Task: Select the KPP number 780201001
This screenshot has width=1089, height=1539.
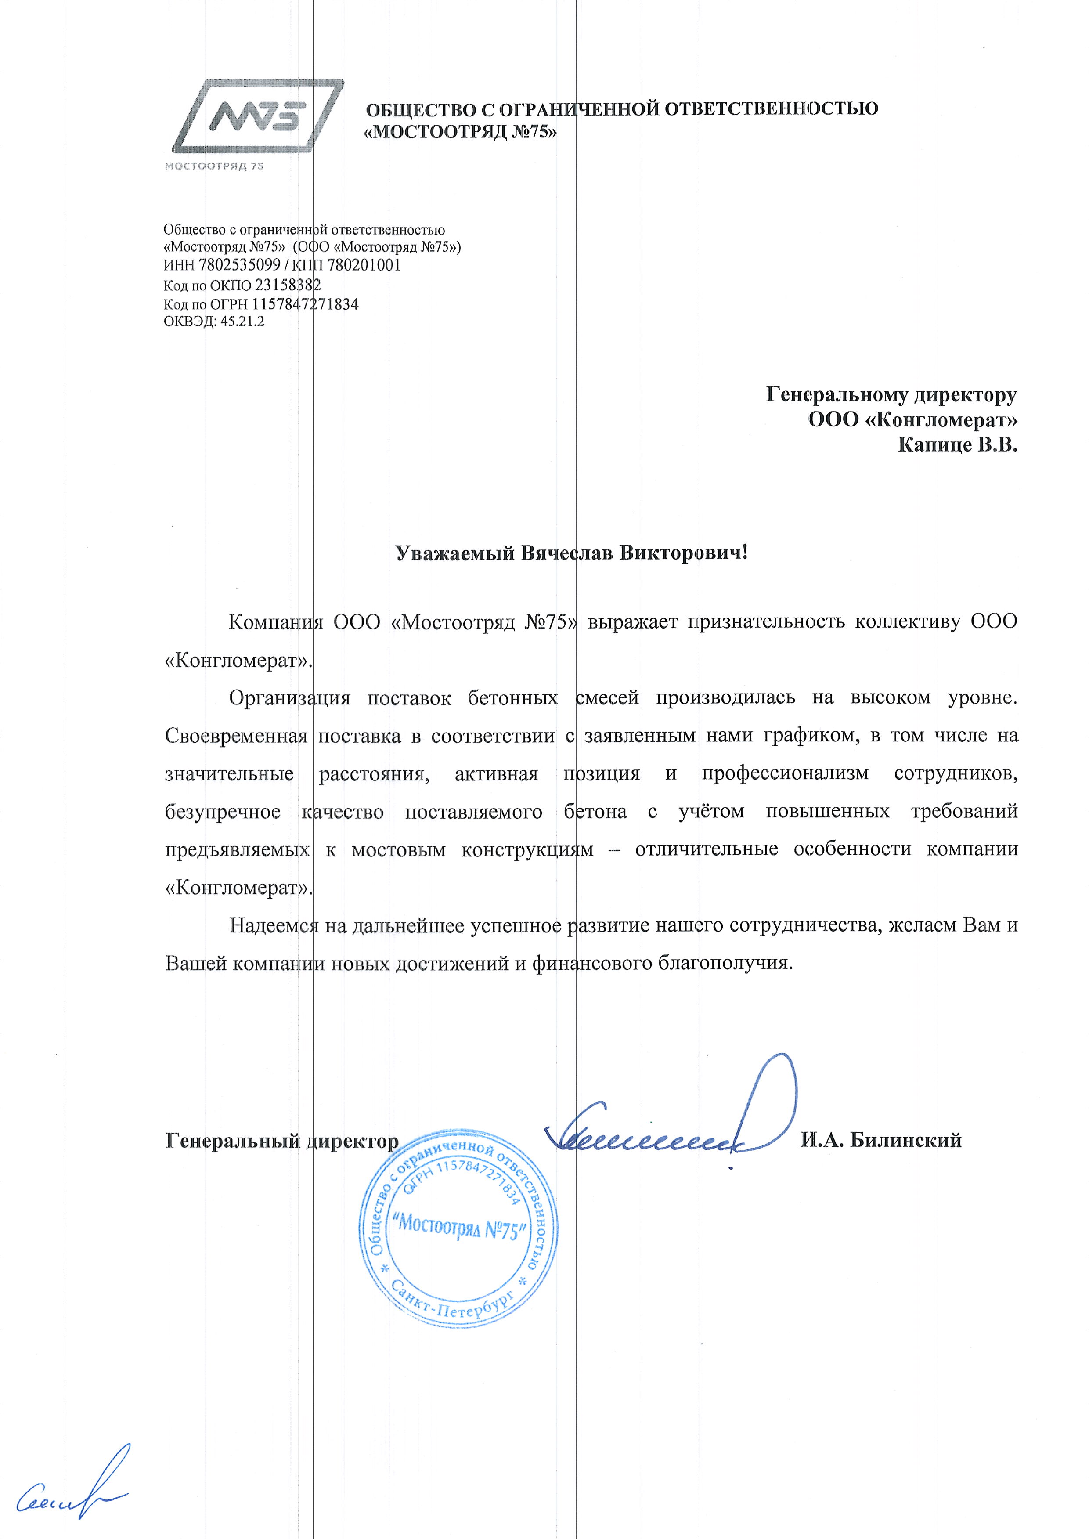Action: [364, 266]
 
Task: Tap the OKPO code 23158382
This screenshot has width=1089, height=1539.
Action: [288, 285]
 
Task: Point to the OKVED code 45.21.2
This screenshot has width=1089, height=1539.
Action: [242, 322]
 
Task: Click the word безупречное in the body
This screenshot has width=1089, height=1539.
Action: [223, 812]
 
